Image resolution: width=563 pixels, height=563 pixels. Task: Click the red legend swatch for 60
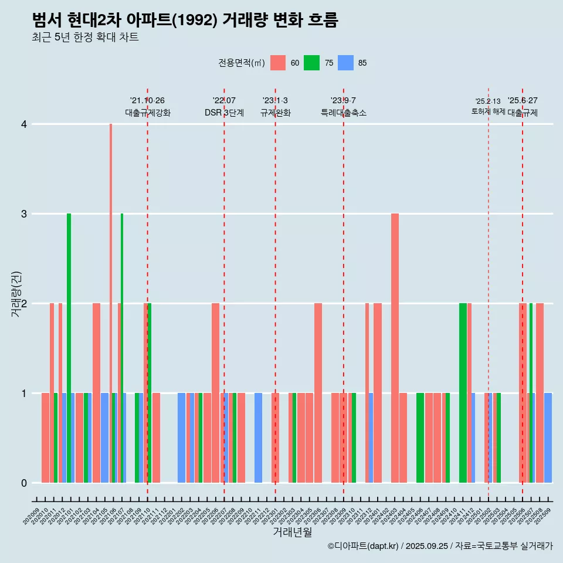(x=278, y=63)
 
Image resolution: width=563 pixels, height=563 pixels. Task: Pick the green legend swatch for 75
(x=311, y=63)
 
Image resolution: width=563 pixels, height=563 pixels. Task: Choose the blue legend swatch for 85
(x=345, y=63)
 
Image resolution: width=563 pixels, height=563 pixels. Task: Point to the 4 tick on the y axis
(x=24, y=124)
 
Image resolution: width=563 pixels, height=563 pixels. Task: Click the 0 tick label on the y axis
(x=24, y=483)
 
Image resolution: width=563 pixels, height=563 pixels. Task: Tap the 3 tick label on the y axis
(x=24, y=214)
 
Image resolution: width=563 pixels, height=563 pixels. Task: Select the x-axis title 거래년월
(x=292, y=533)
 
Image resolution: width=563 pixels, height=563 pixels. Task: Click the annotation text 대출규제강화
(x=147, y=113)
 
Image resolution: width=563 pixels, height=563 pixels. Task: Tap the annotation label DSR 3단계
(x=224, y=113)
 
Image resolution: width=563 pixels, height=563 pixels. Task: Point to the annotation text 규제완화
(x=275, y=113)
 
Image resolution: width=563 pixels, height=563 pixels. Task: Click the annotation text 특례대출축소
(x=343, y=113)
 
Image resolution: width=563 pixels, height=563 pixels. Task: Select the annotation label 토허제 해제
(x=488, y=111)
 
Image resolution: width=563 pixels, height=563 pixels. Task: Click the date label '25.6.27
(x=522, y=101)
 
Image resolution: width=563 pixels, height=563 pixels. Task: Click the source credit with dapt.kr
(x=440, y=546)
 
